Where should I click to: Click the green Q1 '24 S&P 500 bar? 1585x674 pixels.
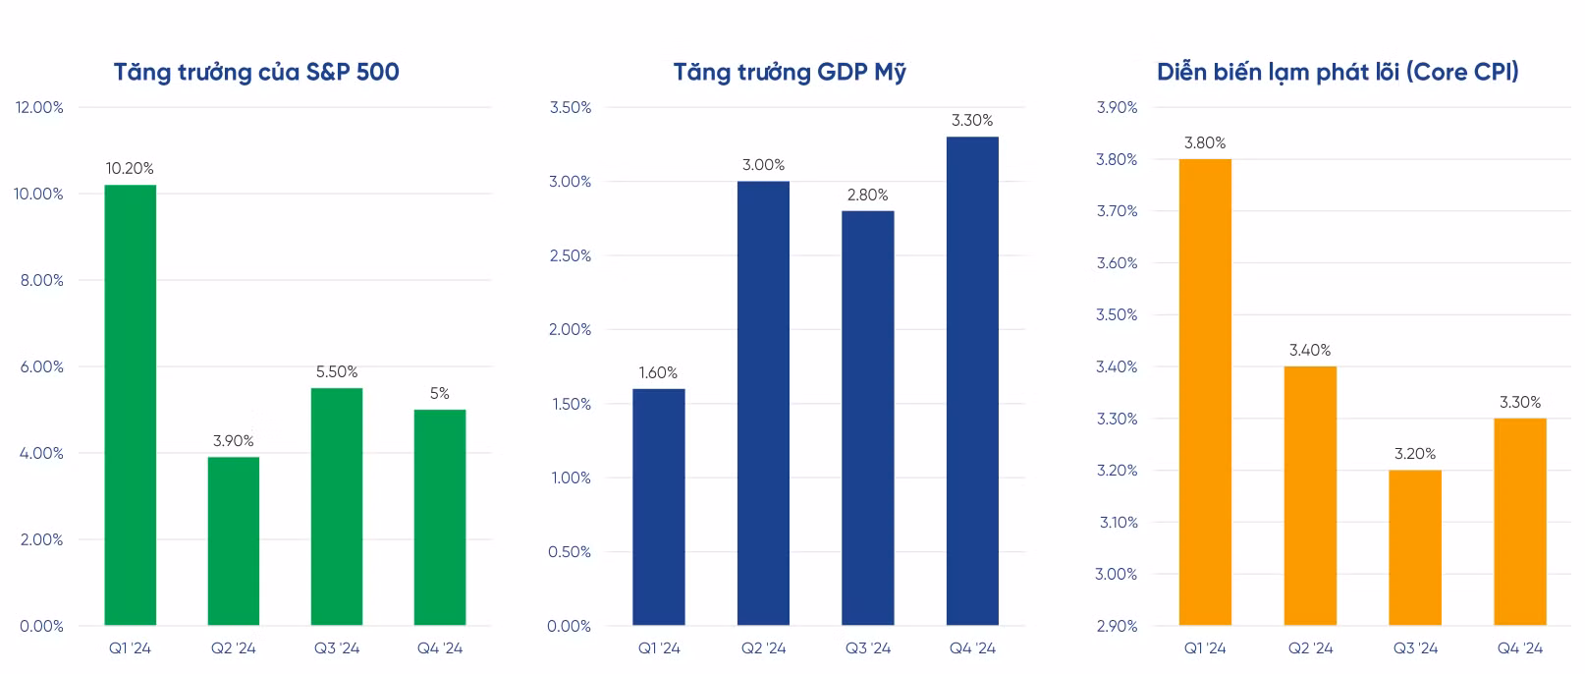click(x=130, y=405)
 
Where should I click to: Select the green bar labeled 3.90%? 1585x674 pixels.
click(x=234, y=540)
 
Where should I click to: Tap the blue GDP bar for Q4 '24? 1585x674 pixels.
click(x=972, y=381)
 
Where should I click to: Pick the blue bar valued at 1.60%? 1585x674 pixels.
click(x=658, y=507)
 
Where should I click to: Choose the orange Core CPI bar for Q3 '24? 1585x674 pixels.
click(x=1415, y=547)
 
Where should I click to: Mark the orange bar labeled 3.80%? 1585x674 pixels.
click(x=1205, y=392)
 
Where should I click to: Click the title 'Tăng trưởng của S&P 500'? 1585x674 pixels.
click(x=256, y=72)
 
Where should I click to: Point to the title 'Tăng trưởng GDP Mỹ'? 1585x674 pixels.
click(x=790, y=72)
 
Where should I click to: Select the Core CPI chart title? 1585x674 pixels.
click(x=1338, y=72)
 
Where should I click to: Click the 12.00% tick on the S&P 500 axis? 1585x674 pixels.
click(x=39, y=107)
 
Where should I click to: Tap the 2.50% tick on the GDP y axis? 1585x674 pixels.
click(x=570, y=255)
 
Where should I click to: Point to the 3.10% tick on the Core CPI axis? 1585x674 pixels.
click(x=1118, y=523)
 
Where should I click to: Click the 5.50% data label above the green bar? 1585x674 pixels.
click(x=337, y=372)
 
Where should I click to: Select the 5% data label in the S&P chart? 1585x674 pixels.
click(x=440, y=394)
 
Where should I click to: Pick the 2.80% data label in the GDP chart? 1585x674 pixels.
click(x=868, y=196)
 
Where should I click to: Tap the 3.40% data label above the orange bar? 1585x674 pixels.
click(x=1310, y=351)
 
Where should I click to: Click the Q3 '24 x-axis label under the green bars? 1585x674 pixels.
click(x=337, y=648)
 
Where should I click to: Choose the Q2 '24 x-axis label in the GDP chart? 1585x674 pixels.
click(x=763, y=648)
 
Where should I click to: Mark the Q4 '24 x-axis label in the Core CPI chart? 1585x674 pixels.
click(x=1520, y=648)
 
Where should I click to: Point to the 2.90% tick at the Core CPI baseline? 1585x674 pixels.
click(x=1117, y=626)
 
